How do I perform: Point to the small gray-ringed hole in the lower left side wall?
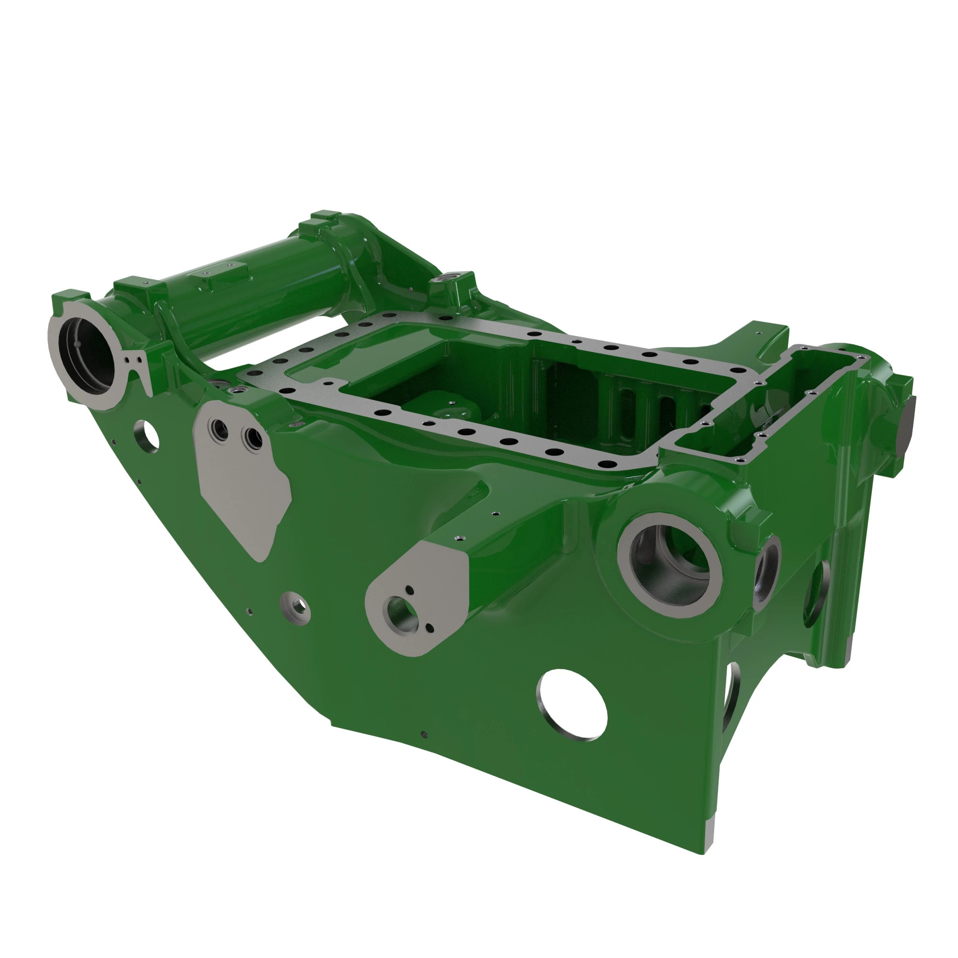point(296,605)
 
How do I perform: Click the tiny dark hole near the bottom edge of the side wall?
point(423,734)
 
